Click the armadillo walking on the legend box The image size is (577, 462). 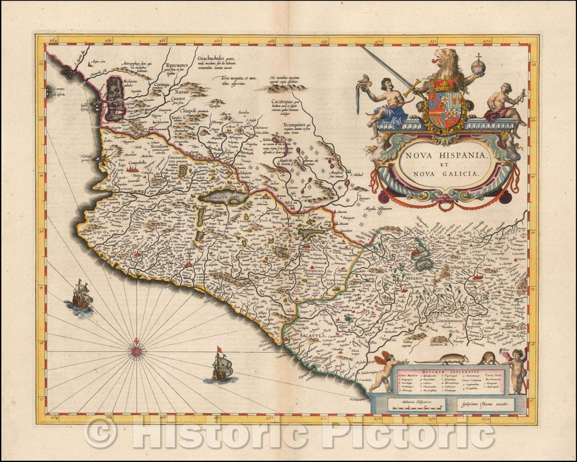coord(448,359)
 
